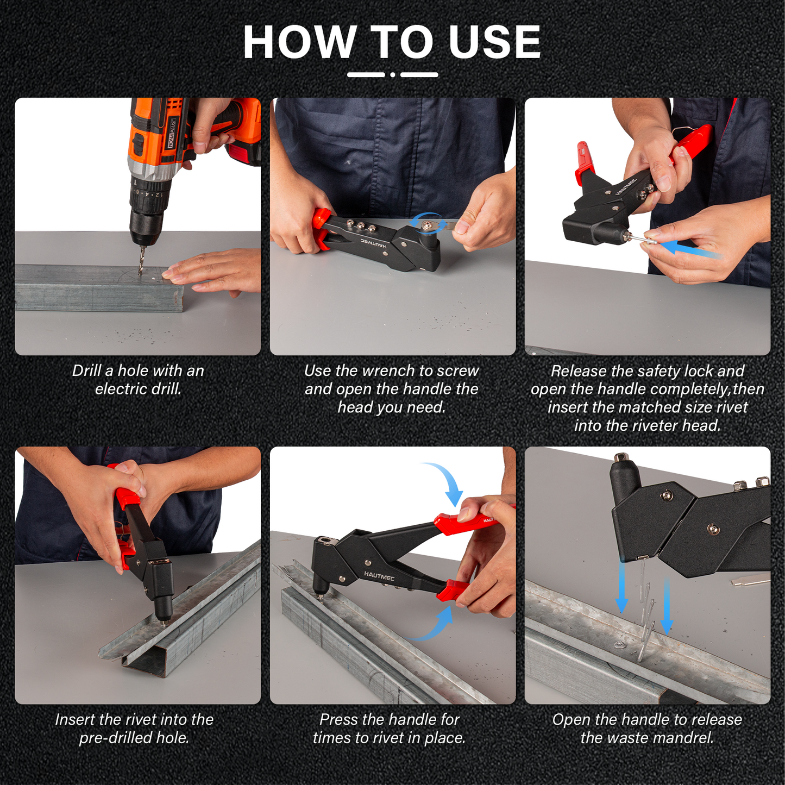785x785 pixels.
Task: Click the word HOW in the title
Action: [x=299, y=42]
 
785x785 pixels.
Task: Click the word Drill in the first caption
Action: [x=87, y=370]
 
